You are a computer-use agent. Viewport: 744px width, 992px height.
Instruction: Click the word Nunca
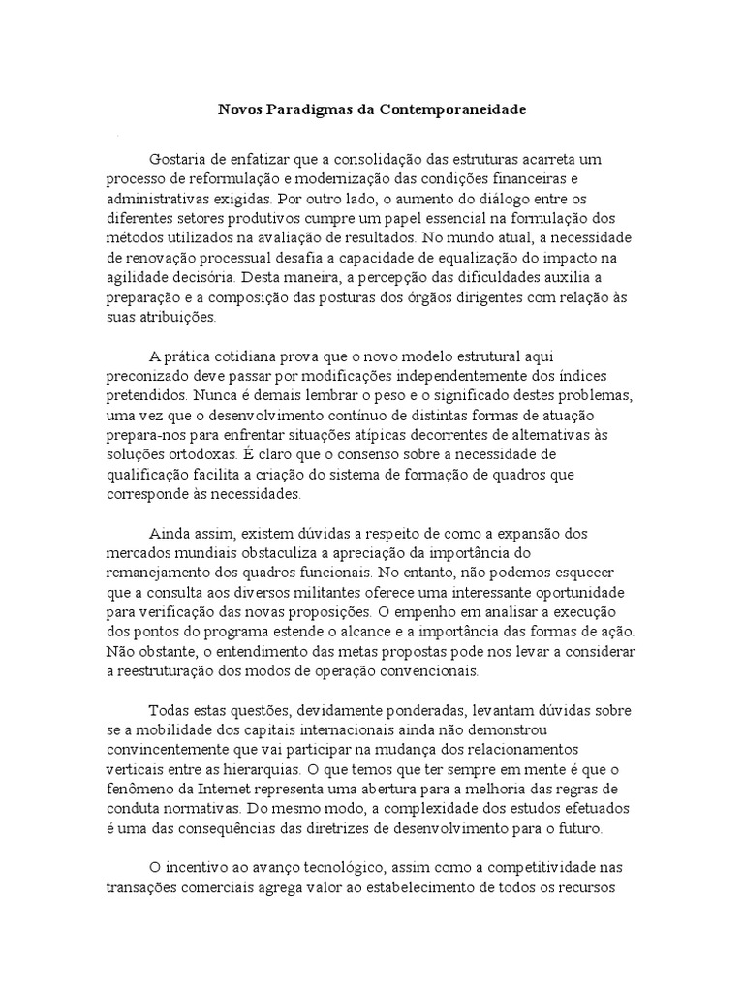(x=213, y=395)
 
